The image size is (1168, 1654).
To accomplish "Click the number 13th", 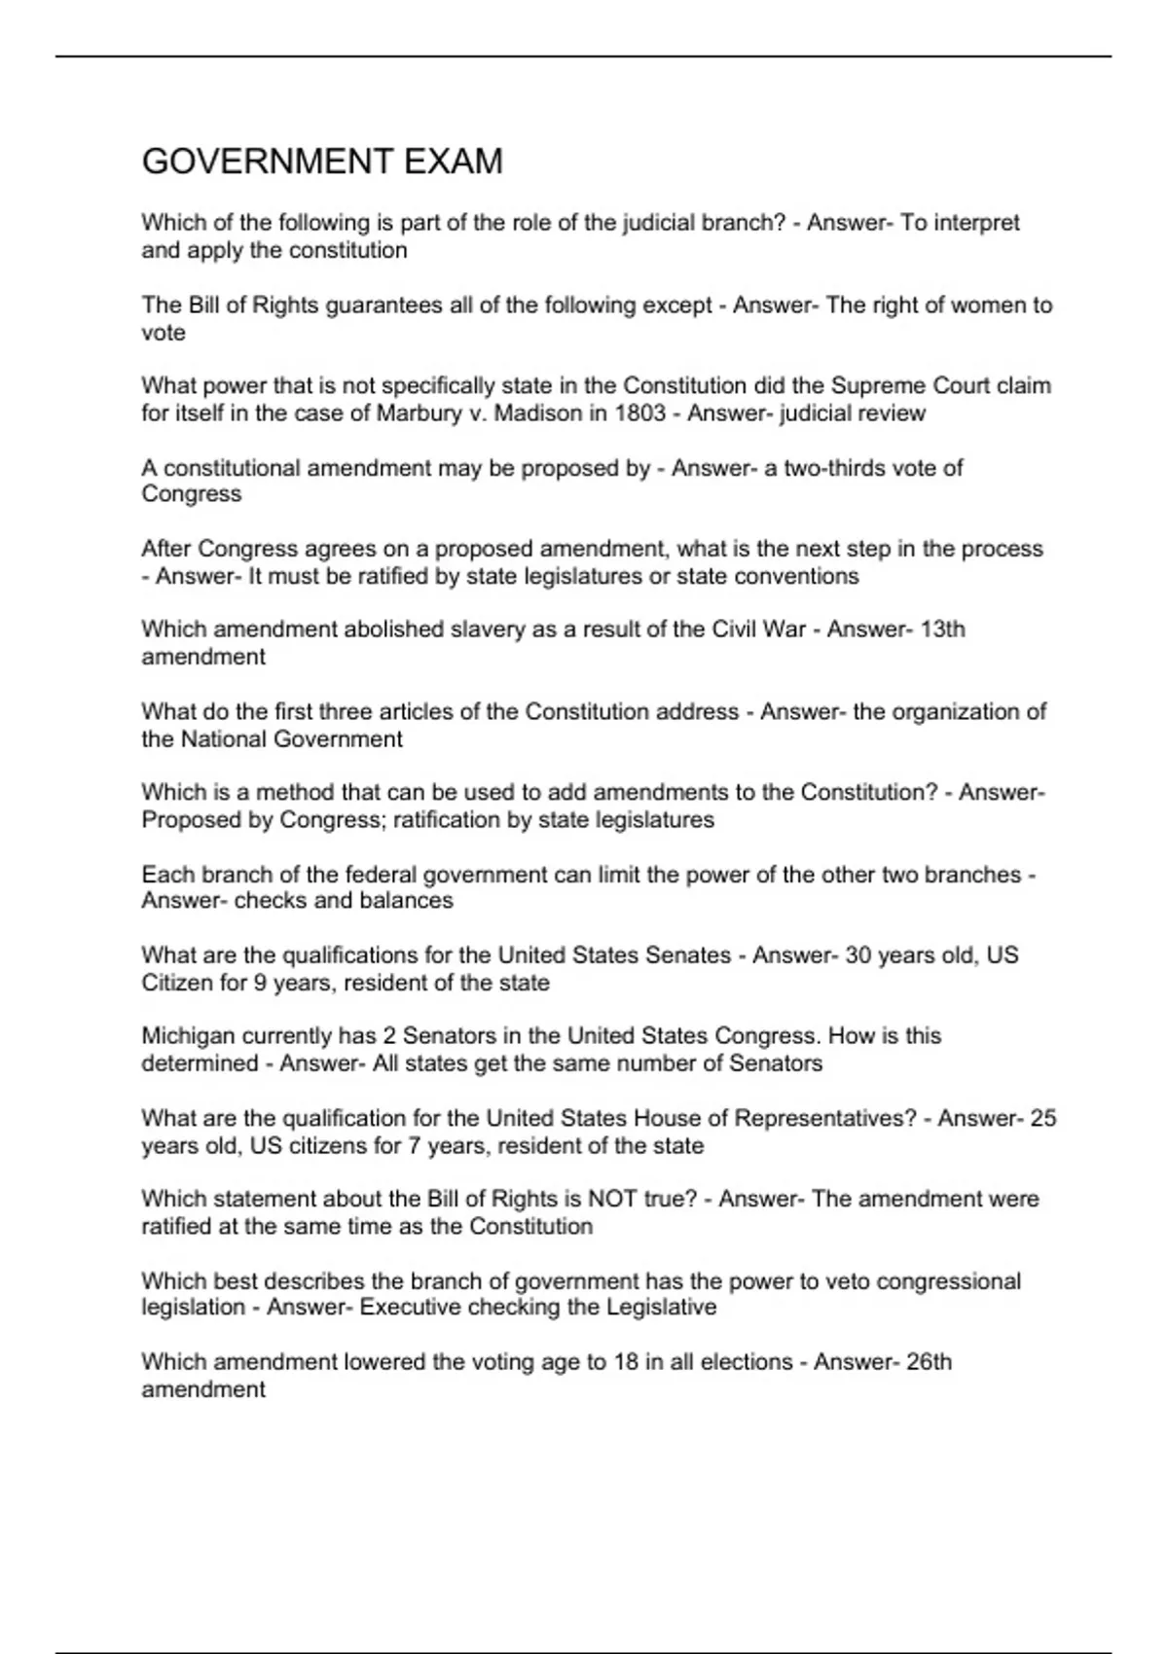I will point(941,629).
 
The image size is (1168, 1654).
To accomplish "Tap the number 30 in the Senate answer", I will point(858,955).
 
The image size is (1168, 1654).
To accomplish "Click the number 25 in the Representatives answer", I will point(1042,1119).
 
